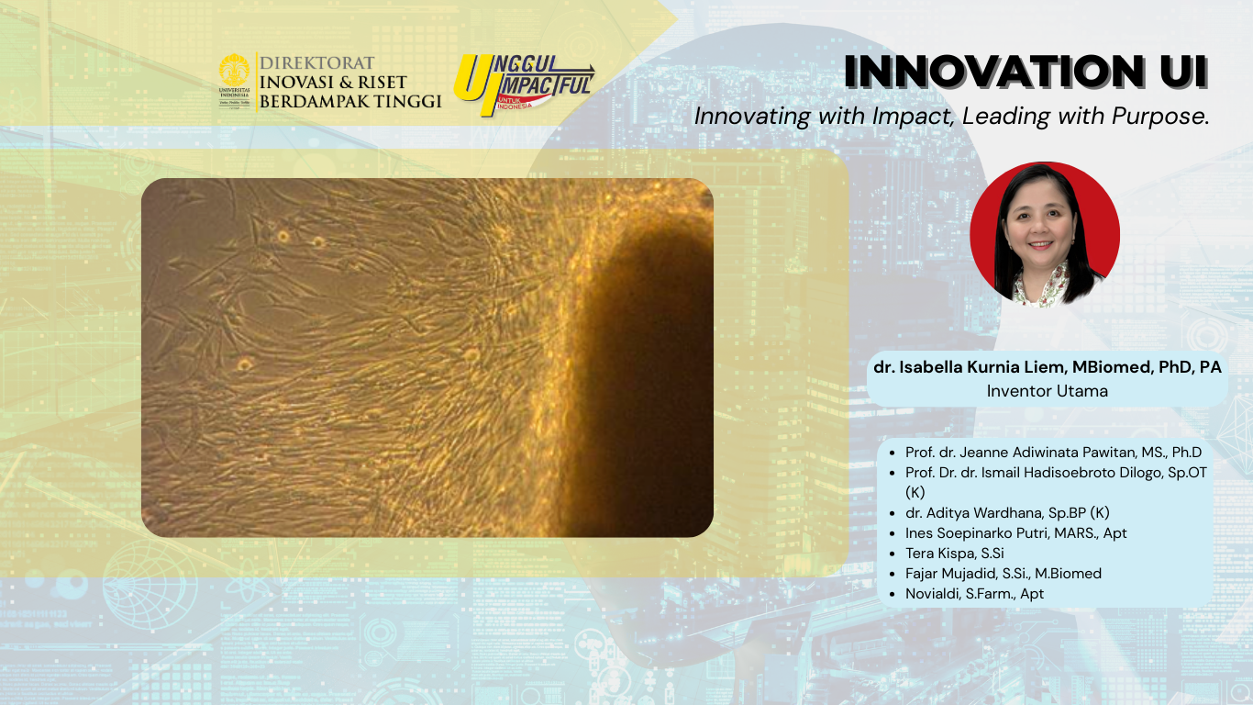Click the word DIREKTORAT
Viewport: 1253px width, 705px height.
(x=317, y=62)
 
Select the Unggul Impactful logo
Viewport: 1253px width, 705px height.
(x=524, y=84)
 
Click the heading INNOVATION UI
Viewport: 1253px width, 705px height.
(x=1026, y=72)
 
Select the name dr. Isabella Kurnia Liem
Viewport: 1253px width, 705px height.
(x=970, y=367)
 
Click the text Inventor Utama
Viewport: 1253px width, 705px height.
(x=1048, y=391)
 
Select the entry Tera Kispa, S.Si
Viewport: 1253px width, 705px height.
(x=955, y=554)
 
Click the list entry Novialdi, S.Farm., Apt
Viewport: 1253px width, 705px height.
(x=975, y=594)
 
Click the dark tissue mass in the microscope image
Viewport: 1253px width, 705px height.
(x=643, y=381)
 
